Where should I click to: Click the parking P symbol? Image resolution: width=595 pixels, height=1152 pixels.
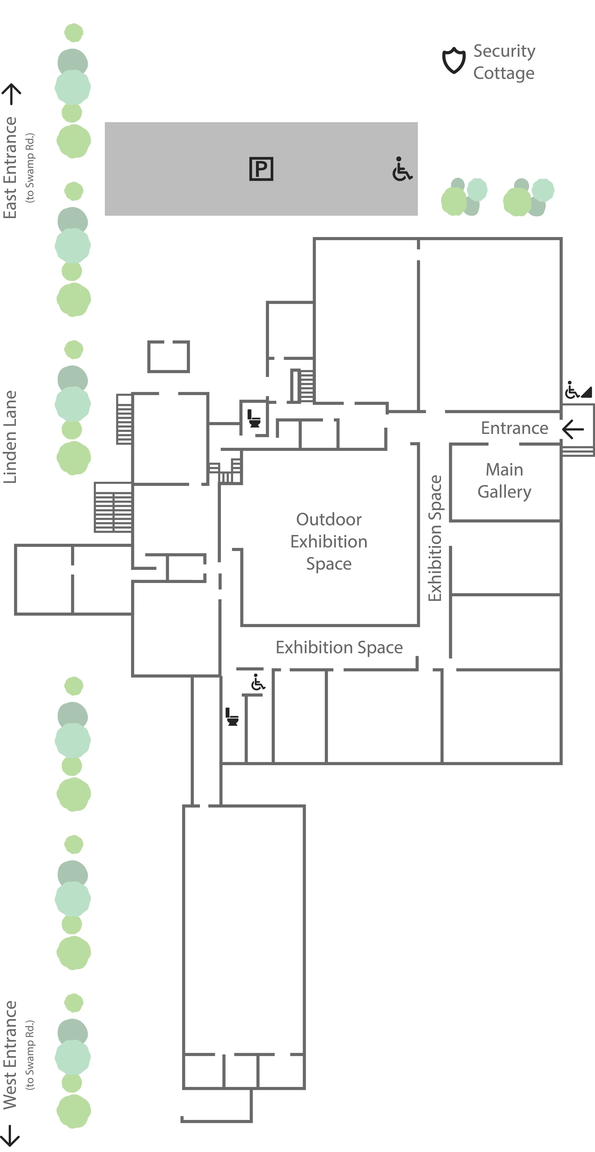261,169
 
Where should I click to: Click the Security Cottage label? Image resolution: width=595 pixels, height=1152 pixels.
504,62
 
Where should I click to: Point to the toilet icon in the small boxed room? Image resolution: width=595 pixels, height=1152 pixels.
254,419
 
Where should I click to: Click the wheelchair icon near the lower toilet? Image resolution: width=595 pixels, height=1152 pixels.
258,682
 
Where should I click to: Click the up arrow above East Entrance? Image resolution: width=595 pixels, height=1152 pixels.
12,94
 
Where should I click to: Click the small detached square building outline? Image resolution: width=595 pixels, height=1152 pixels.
169,357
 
